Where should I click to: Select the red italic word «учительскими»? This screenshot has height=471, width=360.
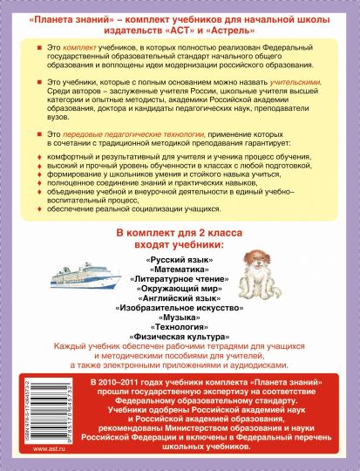[x=292, y=80]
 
